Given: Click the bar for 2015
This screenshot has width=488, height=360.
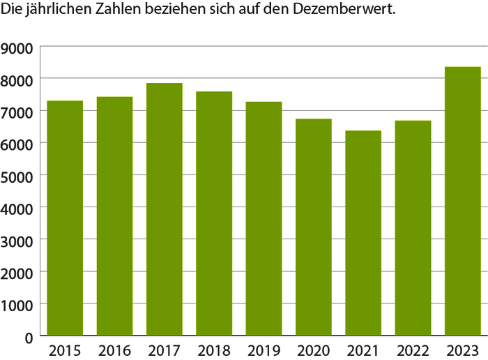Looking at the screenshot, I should (x=65, y=218).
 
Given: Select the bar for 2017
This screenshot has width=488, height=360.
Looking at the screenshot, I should (x=165, y=209).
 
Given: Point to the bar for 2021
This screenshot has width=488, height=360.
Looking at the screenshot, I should (x=363, y=233).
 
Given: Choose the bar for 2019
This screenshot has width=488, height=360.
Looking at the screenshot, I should (x=264, y=219).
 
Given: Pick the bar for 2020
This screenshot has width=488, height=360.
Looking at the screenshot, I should (x=314, y=227).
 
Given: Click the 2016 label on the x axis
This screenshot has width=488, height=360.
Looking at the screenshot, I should (x=114, y=350).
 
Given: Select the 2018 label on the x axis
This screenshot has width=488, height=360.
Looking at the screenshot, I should (x=214, y=350).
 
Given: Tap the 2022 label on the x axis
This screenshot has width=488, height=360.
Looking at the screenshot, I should (x=413, y=350).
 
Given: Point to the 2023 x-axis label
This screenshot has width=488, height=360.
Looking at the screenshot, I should (x=463, y=350).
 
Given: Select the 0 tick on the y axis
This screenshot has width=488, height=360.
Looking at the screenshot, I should (x=28, y=337).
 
